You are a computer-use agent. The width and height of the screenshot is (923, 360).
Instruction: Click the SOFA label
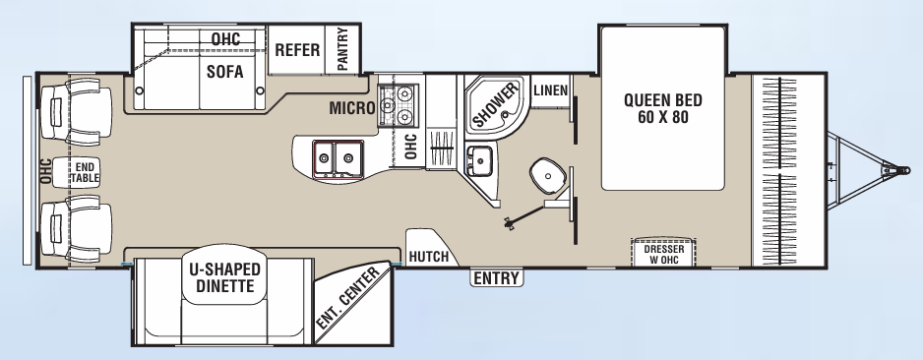[225, 71]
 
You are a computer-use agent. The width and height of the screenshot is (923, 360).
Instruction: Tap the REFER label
[296, 50]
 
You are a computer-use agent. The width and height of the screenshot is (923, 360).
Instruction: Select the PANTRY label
[342, 49]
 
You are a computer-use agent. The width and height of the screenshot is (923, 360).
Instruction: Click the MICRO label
[349, 107]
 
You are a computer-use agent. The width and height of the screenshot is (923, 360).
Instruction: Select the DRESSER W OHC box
[663, 253]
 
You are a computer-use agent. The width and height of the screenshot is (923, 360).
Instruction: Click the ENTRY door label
[496, 278]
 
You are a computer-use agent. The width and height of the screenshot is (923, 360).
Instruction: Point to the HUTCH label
[428, 257]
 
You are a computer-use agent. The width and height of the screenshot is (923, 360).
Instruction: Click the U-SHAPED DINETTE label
[224, 277]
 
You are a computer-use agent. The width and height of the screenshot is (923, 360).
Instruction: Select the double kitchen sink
[337, 157]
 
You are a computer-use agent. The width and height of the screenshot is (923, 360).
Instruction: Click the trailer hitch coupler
[897, 170]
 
